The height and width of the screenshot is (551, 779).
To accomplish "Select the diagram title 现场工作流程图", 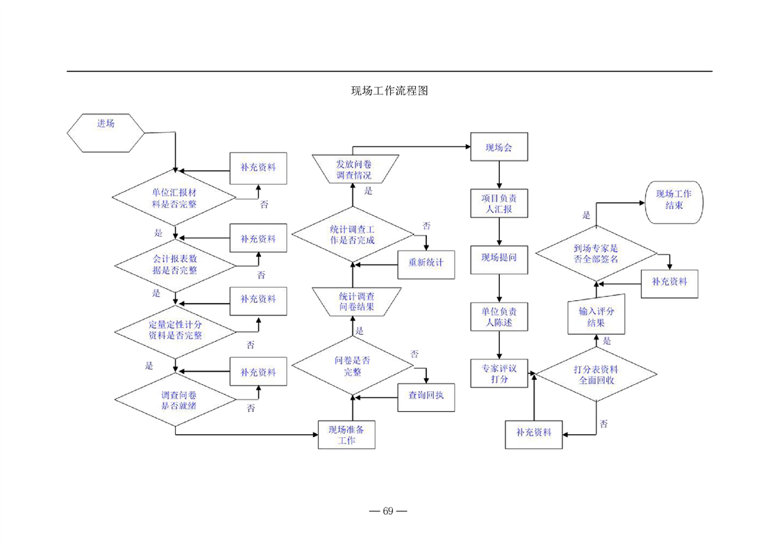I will [388, 92].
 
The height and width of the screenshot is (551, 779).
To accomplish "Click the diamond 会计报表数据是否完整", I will [174, 265].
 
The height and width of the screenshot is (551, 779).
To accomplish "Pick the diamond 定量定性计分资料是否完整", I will [174, 329].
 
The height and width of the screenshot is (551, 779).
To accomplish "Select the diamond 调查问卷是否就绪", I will [174, 400].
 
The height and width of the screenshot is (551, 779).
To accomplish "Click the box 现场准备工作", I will [346, 434].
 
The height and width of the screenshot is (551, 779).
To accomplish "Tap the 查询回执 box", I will [426, 396].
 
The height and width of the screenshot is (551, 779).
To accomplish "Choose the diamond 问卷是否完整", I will [352, 365].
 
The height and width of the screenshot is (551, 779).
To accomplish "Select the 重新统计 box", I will [426, 263].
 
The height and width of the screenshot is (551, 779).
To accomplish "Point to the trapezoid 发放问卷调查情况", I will [353, 170].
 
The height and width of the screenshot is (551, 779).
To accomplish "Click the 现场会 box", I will [499, 147].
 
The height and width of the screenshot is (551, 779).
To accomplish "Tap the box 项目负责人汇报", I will [499, 204].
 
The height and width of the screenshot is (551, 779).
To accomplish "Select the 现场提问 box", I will [499, 259].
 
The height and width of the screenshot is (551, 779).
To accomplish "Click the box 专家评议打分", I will [499, 373].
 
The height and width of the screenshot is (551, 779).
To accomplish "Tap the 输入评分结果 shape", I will [596, 317].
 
